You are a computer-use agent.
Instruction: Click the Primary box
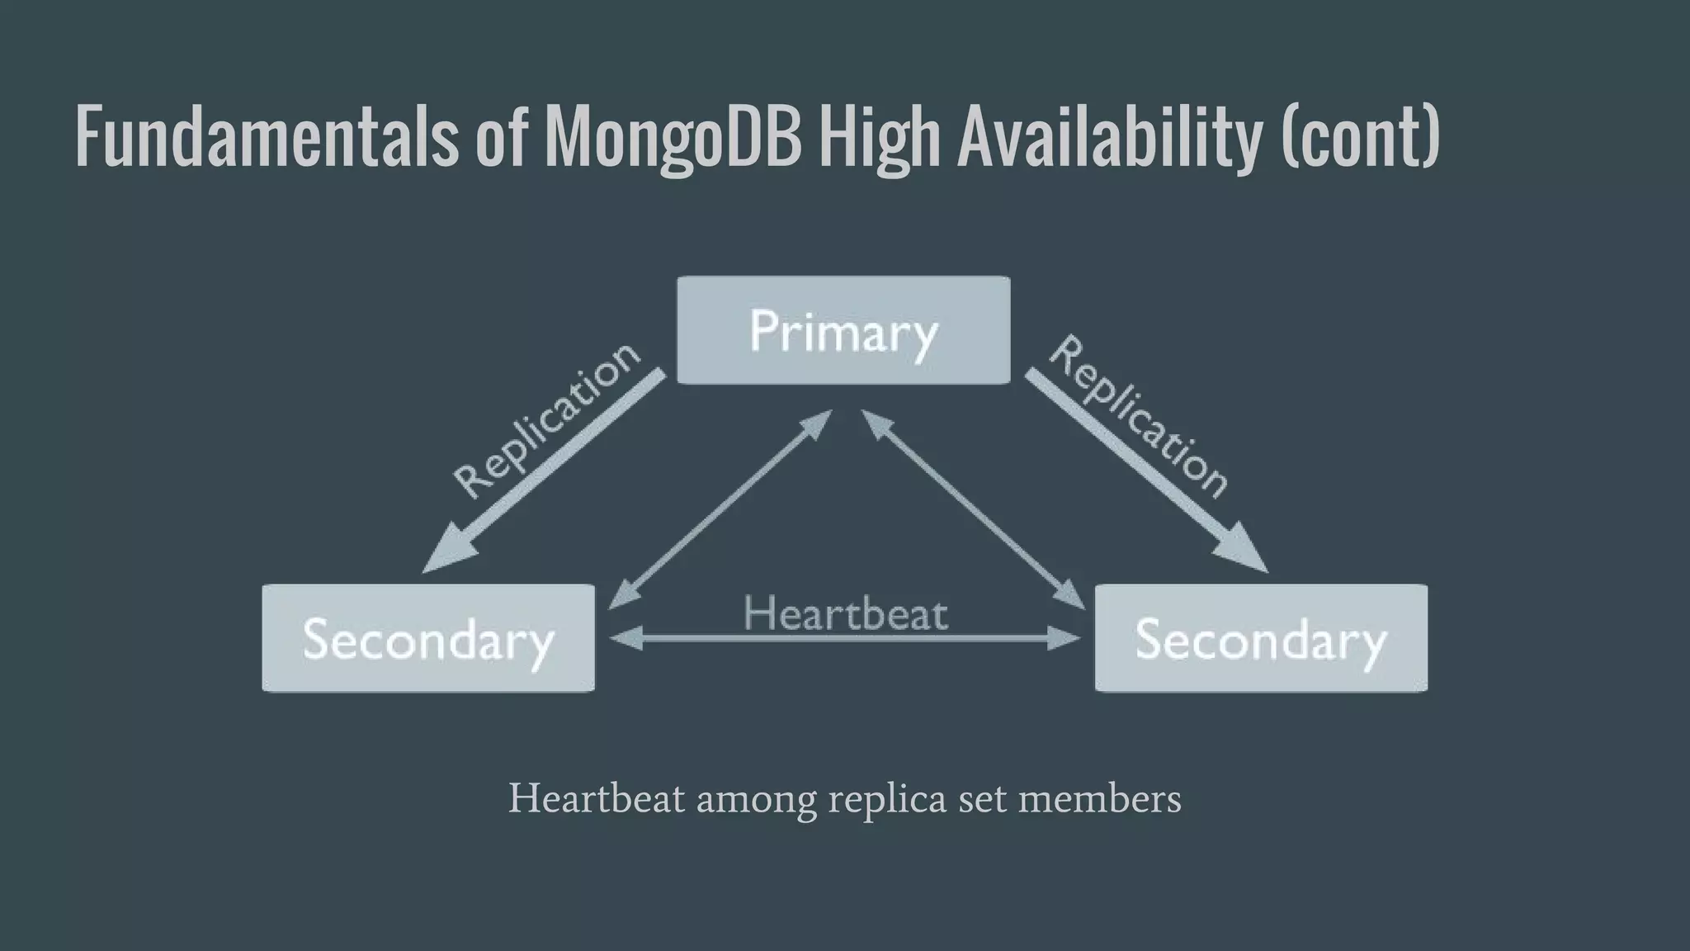(843, 330)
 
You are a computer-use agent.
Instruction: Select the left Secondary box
(428, 638)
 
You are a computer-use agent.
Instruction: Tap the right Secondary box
(1261, 638)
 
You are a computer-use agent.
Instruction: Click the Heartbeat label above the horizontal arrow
(846, 614)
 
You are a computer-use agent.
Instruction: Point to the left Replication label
(546, 421)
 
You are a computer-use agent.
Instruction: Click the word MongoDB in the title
(673, 136)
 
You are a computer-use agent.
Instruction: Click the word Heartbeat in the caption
(597, 798)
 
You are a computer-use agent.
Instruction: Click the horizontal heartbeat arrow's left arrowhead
(624, 638)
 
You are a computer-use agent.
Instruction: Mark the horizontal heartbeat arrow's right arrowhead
(1066, 638)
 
